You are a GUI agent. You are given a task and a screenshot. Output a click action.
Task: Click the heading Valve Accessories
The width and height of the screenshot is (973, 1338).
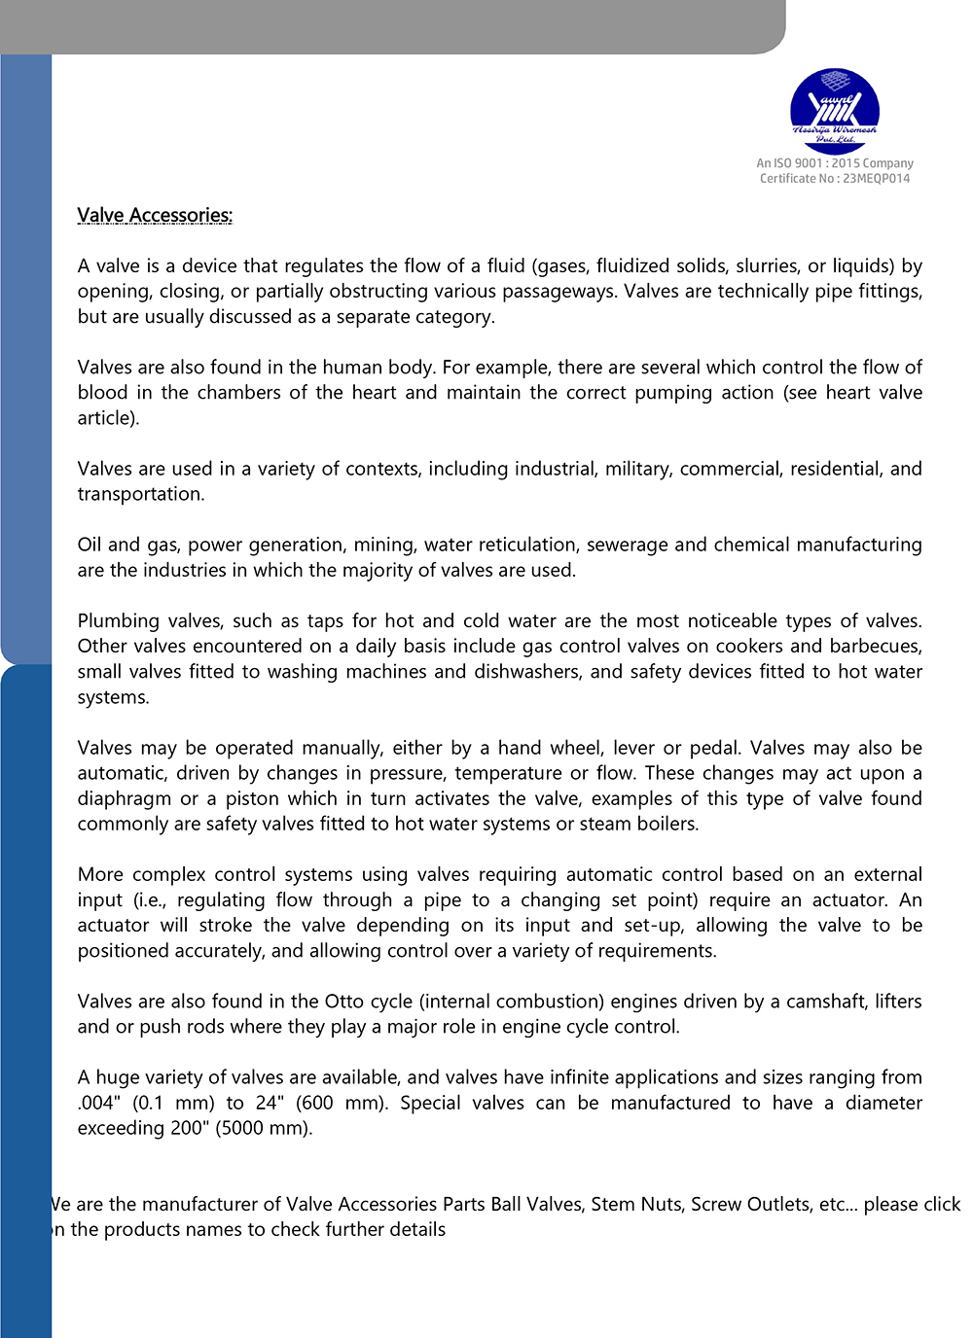pyautogui.click(x=155, y=216)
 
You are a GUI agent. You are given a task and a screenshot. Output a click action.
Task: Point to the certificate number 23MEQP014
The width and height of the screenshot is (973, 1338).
pyautogui.click(x=877, y=179)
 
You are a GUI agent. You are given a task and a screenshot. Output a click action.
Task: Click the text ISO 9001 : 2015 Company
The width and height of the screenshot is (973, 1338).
pyautogui.click(x=844, y=163)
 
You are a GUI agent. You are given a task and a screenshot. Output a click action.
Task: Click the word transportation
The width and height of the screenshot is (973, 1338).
pyautogui.click(x=140, y=494)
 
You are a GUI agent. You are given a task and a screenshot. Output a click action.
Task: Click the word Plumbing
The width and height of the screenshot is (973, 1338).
pyautogui.click(x=119, y=621)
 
